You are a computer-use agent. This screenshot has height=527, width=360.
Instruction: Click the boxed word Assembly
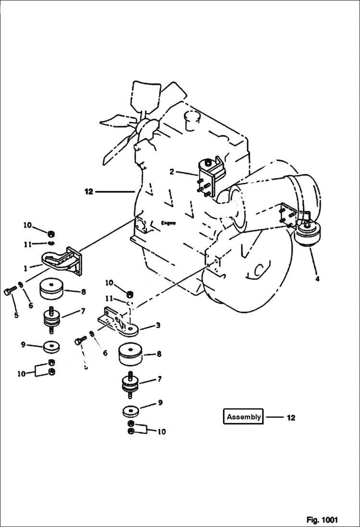pos(244,417)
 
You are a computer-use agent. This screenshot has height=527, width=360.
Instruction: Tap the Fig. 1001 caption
pos(322,520)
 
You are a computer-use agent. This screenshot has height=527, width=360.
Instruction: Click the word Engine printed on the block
pos(168,223)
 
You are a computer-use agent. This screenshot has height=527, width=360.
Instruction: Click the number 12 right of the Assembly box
pos(291,417)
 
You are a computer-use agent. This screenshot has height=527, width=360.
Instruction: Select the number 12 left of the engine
pos(88,192)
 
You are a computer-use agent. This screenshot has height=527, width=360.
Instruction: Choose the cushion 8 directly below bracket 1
pos(52,290)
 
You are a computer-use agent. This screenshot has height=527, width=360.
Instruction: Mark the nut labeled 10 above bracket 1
pos(51,233)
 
